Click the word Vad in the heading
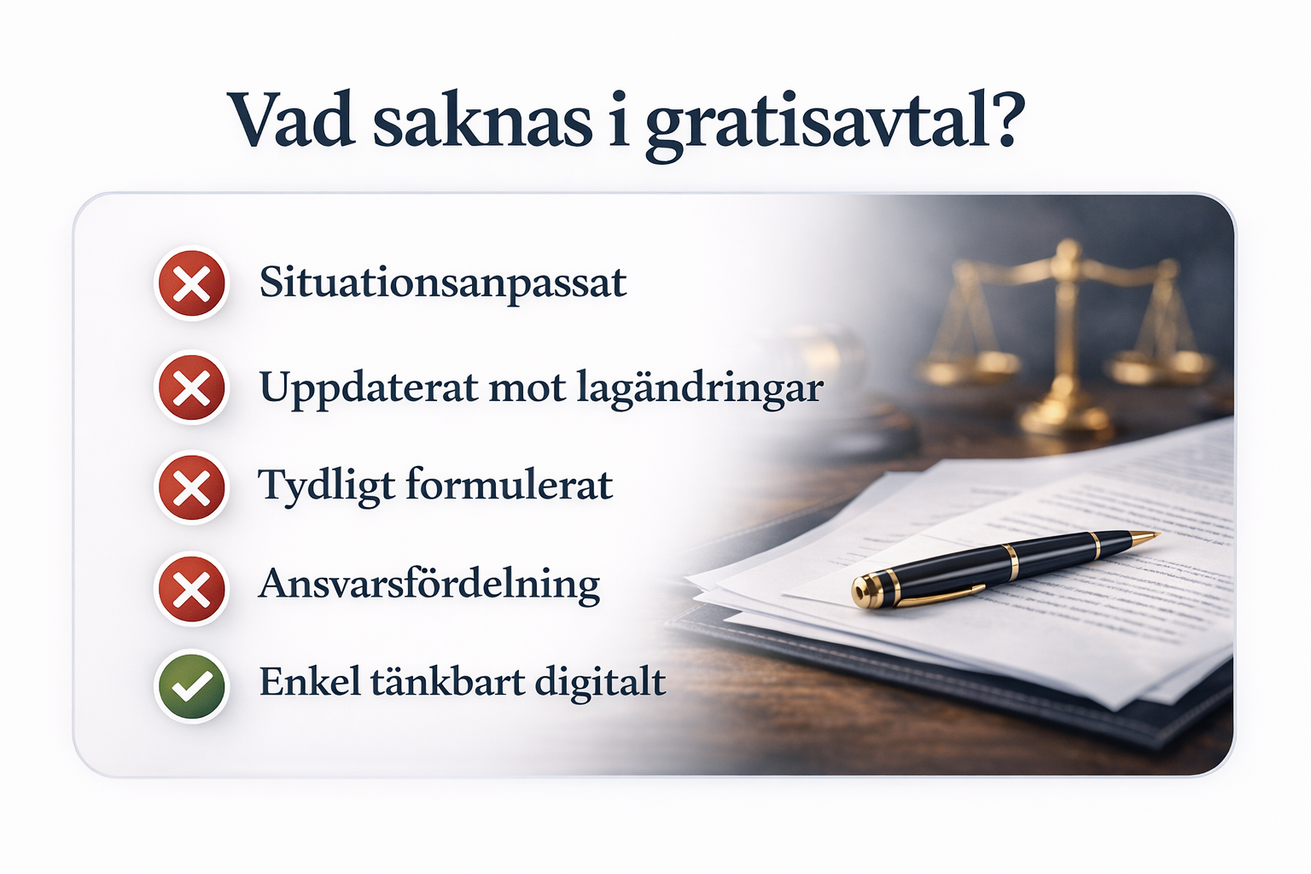click(x=291, y=120)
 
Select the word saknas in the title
click(x=483, y=120)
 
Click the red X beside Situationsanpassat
click(x=191, y=283)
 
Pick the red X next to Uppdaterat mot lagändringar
click(x=191, y=387)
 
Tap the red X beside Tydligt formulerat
click(x=191, y=487)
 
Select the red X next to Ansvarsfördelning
click(x=191, y=589)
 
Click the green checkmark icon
click(x=191, y=685)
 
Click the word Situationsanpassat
click(x=443, y=284)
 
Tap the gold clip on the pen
click(x=936, y=594)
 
